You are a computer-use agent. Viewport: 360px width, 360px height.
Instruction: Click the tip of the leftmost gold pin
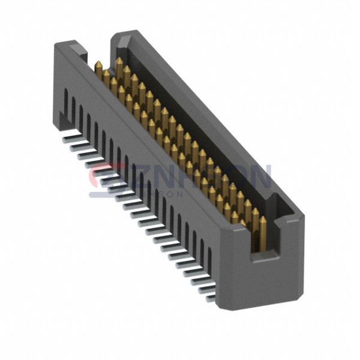98,64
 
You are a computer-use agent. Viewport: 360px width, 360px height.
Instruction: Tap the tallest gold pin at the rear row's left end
119,62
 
